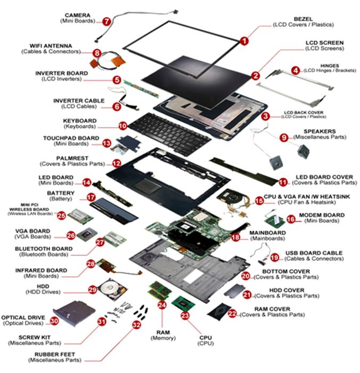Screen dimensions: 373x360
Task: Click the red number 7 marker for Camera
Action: click(107, 21)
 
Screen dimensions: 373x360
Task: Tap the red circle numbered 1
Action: click(244, 40)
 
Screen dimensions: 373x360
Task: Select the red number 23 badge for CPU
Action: click(185, 315)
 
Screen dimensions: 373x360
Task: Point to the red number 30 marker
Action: click(54, 321)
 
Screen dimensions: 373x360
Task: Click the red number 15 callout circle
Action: click(259, 201)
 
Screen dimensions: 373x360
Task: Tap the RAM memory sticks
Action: click(159, 291)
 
